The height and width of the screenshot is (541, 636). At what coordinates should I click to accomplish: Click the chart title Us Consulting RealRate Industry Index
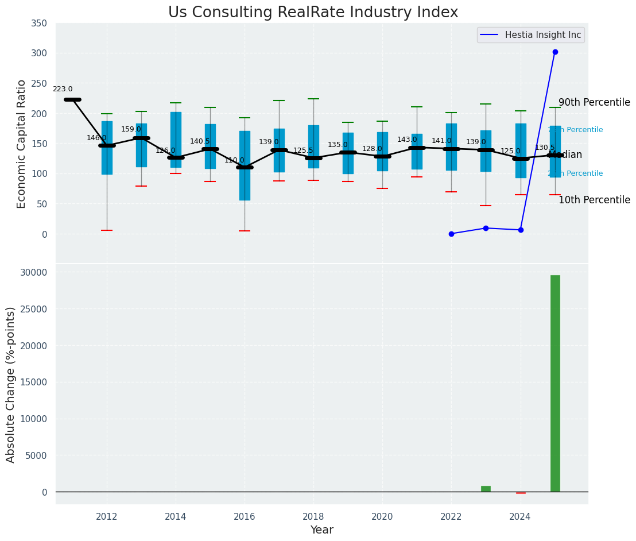[313, 13]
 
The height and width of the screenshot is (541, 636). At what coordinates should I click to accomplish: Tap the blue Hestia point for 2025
[555, 52]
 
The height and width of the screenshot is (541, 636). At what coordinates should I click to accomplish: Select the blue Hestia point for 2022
[451, 234]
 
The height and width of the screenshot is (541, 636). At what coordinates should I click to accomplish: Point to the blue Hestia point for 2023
[486, 228]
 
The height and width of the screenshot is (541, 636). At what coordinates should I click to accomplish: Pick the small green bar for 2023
[486, 489]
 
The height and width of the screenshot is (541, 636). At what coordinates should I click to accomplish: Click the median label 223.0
[63, 89]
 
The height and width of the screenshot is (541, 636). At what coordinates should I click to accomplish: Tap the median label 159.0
[131, 129]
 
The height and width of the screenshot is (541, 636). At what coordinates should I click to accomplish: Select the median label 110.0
[234, 160]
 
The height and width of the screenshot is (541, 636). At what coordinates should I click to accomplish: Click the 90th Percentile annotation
[594, 103]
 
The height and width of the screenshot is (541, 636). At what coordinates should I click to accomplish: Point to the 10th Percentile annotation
[594, 200]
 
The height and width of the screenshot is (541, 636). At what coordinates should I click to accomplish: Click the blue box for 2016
[245, 165]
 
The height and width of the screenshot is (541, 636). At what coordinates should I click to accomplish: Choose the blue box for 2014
[176, 140]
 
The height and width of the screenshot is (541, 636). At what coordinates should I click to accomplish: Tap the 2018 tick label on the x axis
[313, 516]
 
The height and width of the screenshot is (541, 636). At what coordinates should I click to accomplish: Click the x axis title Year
[321, 530]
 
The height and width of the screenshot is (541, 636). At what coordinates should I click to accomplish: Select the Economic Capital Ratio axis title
[22, 144]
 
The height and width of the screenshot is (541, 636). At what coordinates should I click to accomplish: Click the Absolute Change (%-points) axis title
[11, 384]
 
